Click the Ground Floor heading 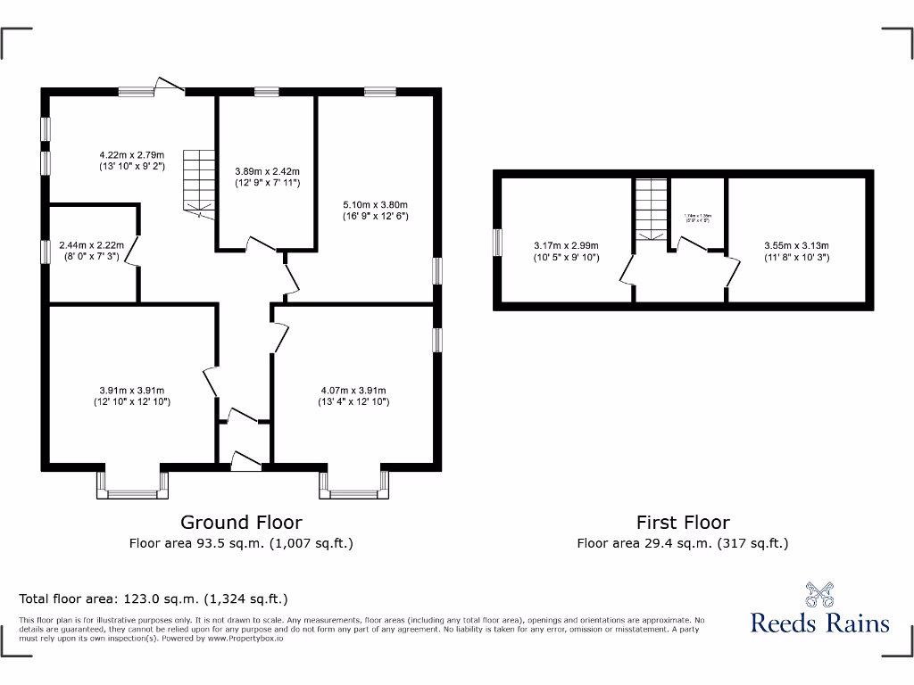coord(241,523)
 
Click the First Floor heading coord(683,523)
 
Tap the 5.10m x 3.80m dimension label coord(375,210)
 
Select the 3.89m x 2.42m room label coord(267,177)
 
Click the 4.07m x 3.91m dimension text coord(353,395)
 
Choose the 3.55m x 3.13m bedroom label coord(796,251)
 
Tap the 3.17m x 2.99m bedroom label coord(566,251)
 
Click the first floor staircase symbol coord(652,209)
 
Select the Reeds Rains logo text coord(819,622)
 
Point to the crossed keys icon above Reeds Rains coord(819,594)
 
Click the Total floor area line coord(154,598)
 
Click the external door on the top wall coord(170,86)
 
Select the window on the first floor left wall coord(497,243)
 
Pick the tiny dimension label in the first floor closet coord(697,217)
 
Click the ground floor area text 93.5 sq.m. coord(241,542)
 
